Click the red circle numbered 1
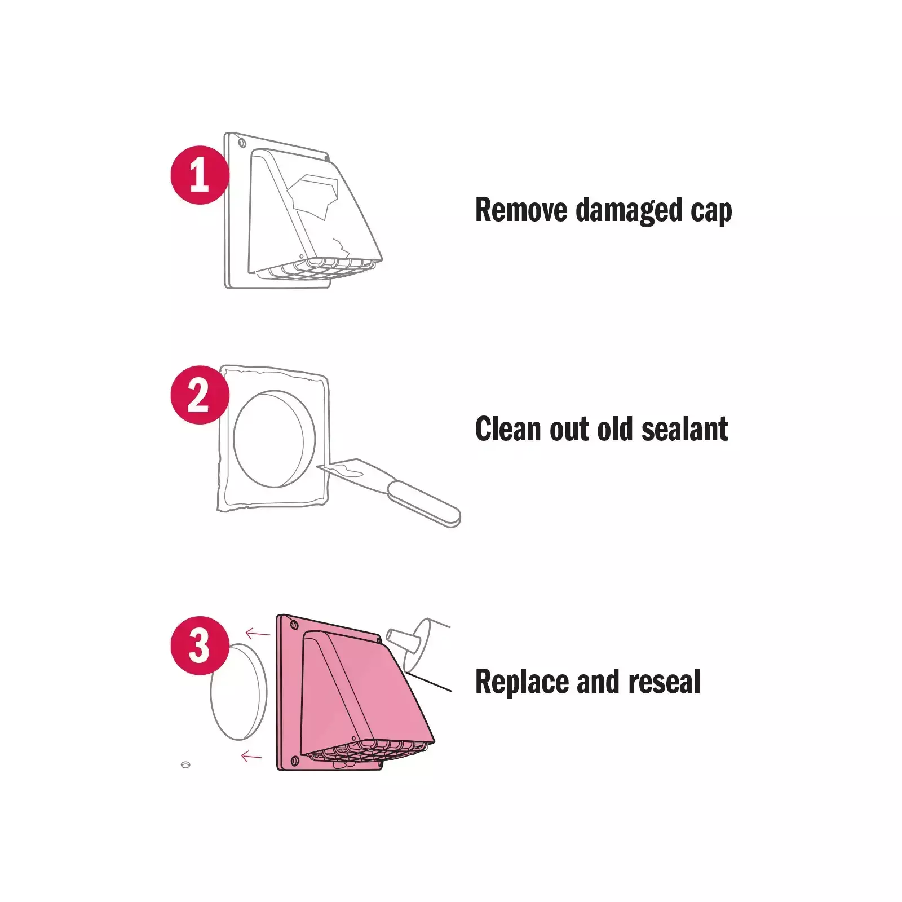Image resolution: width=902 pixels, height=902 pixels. [200, 175]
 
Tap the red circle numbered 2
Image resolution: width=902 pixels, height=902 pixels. [200, 395]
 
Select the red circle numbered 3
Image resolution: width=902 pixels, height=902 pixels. [200, 645]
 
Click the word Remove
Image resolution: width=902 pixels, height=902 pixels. [521, 210]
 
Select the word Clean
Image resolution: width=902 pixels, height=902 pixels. [509, 429]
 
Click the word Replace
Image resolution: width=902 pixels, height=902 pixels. [522, 683]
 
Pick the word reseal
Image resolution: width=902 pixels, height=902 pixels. [665, 682]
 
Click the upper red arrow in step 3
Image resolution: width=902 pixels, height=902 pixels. [258, 634]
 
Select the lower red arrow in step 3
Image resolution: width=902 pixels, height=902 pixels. [251, 756]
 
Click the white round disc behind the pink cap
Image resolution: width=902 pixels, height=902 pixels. [238, 692]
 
